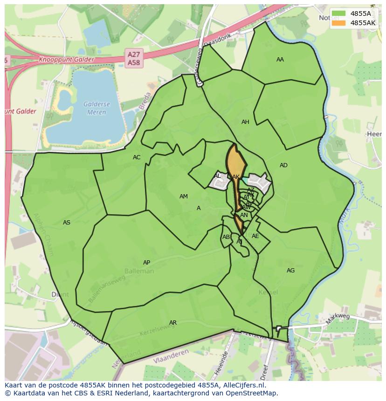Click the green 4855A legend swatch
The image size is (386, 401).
339,14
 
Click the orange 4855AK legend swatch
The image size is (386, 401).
339,23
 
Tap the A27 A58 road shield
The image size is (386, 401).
134,58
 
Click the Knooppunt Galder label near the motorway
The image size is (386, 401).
66,60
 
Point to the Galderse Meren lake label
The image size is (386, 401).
95,108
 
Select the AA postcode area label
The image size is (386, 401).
280,60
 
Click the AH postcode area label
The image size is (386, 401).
245,122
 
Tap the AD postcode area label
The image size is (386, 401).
283,165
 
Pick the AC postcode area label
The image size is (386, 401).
137,157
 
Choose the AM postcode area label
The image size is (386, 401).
184,197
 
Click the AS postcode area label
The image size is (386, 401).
67,223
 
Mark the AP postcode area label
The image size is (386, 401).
146,263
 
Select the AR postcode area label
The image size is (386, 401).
173,323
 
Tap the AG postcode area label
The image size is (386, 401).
290,271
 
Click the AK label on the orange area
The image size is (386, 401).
235,177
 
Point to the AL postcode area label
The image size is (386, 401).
217,176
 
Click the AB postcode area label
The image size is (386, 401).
226,237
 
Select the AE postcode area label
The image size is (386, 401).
255,236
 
